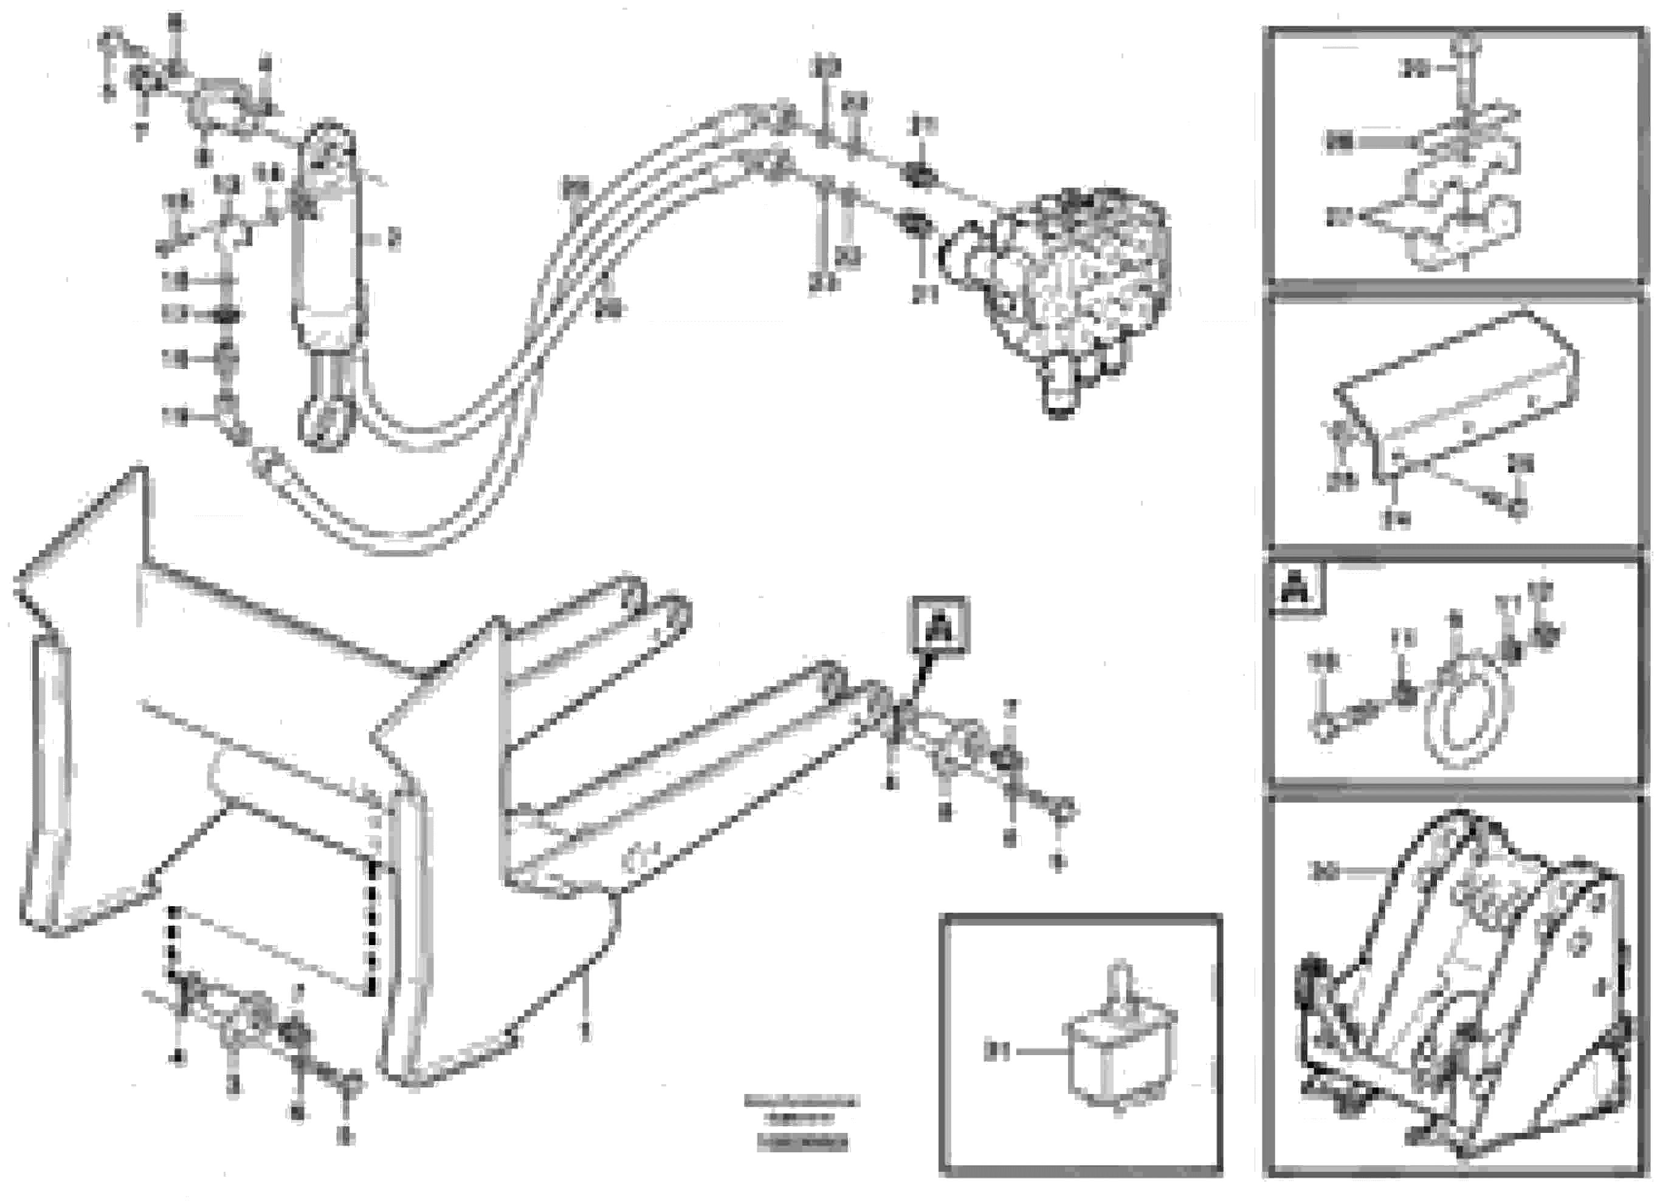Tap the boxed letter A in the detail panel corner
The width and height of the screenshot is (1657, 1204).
(x=1296, y=590)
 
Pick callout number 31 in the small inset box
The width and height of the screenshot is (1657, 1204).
(x=996, y=1053)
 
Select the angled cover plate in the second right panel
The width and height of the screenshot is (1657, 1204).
(x=1454, y=394)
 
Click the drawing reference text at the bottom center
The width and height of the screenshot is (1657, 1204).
(x=802, y=1121)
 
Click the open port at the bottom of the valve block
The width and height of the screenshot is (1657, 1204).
(x=1060, y=398)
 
